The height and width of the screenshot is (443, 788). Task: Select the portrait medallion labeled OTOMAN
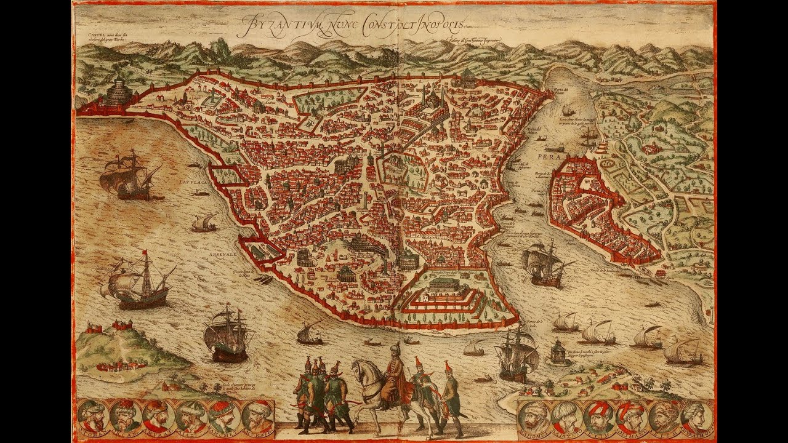tap(94, 417)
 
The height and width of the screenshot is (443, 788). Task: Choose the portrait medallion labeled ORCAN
tap(126, 417)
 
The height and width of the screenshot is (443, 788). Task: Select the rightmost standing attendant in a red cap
tap(451, 394)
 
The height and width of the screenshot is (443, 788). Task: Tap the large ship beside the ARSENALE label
tap(139, 282)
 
